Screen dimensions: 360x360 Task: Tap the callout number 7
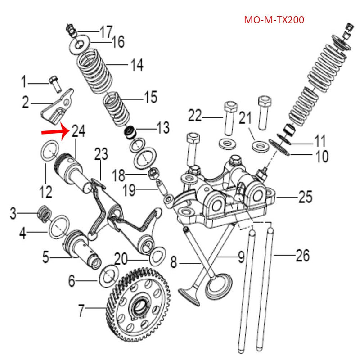point(81,310)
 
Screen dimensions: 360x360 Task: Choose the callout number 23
point(101,155)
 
